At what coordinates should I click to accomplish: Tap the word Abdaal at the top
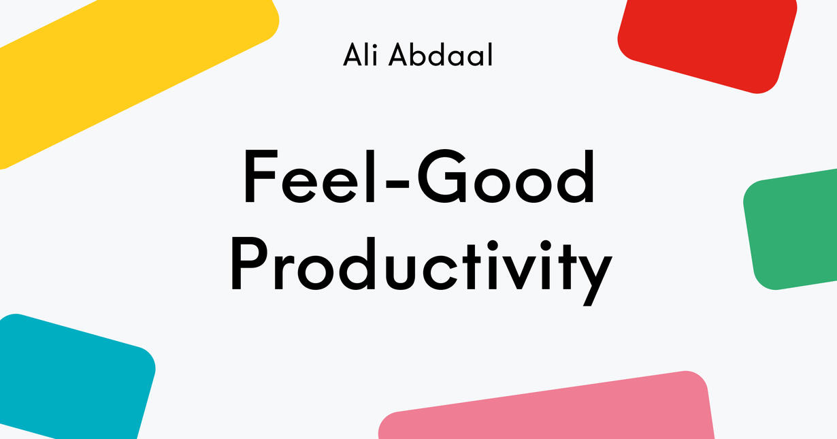point(440,54)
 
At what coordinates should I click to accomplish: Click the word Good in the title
point(505,176)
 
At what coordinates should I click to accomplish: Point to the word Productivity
point(421,272)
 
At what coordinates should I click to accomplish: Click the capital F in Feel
point(261,176)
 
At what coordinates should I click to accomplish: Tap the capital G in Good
point(442,176)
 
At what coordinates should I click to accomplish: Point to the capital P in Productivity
point(249,263)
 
